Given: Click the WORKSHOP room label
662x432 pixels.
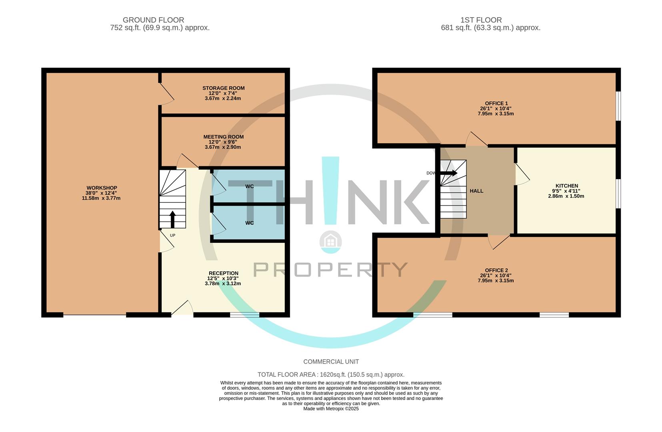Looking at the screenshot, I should coord(102,188).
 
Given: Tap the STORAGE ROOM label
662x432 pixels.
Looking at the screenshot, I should coord(223,88).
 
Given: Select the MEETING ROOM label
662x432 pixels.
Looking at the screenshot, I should coord(223,137).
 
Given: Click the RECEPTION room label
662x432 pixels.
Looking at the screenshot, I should coord(223,274).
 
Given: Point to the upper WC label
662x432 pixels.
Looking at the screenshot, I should coord(249,186).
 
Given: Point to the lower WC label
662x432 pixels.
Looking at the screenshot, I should coord(249,223).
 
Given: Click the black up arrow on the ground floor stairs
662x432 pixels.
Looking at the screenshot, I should coord(172,219).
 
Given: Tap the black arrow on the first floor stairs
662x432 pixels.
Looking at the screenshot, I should coord(449,173).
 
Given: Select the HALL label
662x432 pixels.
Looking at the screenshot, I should coord(476,191).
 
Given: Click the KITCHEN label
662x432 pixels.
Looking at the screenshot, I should coord(567,186).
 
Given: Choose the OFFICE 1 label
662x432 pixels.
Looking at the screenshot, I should coord(496,104).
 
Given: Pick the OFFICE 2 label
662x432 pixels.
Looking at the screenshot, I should coord(496,270).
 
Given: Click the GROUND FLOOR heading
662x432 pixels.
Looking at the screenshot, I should coord(153,20).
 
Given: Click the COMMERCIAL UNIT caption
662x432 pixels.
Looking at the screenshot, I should coord(331,362).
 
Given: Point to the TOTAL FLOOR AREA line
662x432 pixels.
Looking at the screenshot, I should coord(331,375).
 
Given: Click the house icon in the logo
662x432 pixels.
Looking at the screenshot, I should coord(330,241).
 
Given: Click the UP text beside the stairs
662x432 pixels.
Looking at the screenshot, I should coord(172,236).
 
